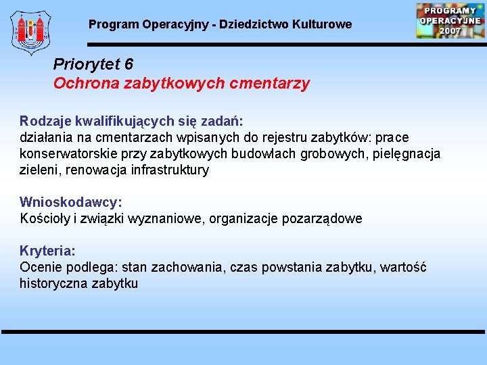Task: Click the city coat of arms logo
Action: (30, 32)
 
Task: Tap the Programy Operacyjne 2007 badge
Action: (450, 20)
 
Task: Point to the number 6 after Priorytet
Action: (129, 64)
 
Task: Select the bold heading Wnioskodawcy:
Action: (71, 202)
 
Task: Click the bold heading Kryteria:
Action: (47, 251)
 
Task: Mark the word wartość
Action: (403, 267)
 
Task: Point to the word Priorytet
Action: (85, 64)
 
